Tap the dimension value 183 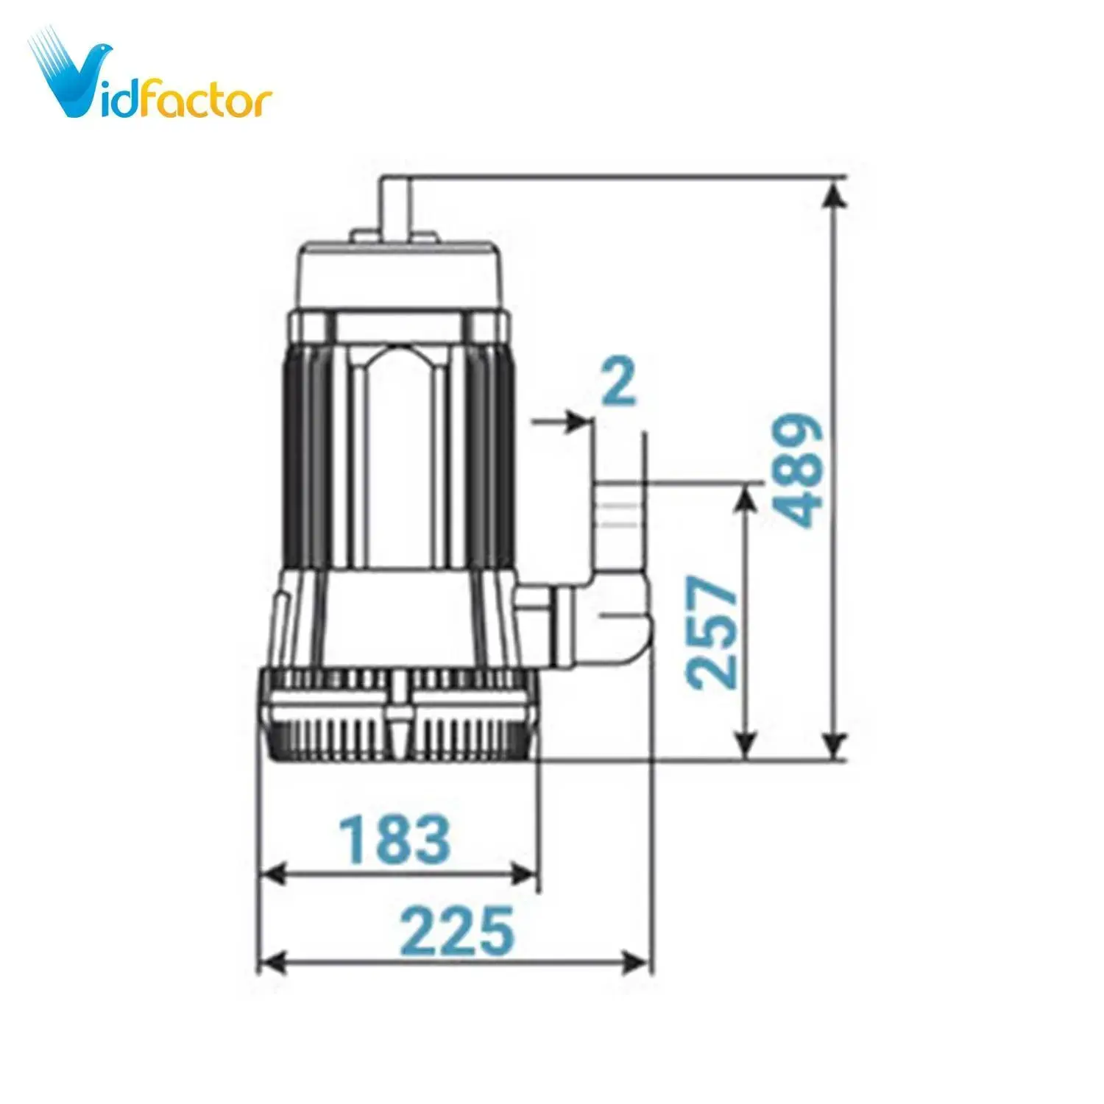[x=394, y=839]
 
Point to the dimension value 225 [x=456, y=930]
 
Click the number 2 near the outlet [x=618, y=382]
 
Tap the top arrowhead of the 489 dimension [x=833, y=193]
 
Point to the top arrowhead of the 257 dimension [x=746, y=498]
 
